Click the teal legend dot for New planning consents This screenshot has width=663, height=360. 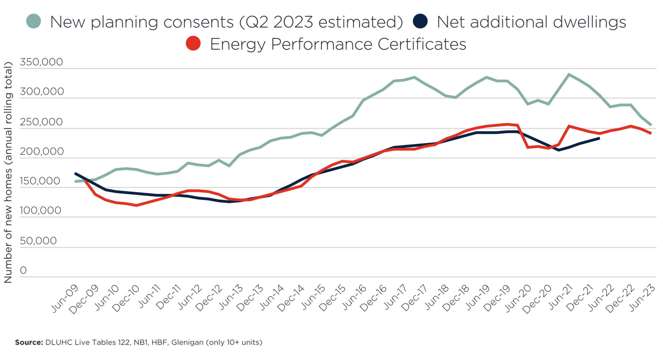pos(33,21)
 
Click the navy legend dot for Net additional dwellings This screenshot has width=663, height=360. pos(420,21)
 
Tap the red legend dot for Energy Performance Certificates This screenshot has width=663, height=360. pos(193,43)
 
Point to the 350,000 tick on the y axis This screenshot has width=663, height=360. pos(41,62)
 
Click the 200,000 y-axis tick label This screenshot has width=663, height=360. pos(42,151)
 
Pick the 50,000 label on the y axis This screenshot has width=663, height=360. pos(38,241)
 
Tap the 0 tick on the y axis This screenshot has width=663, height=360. pos(23,270)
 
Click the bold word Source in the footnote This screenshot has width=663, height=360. pos(29,343)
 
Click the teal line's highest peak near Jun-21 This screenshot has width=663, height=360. pos(569,74)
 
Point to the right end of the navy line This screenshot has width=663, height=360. pos(599,138)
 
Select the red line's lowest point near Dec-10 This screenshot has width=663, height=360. pos(136,205)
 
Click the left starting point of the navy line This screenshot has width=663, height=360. pos(75,173)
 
